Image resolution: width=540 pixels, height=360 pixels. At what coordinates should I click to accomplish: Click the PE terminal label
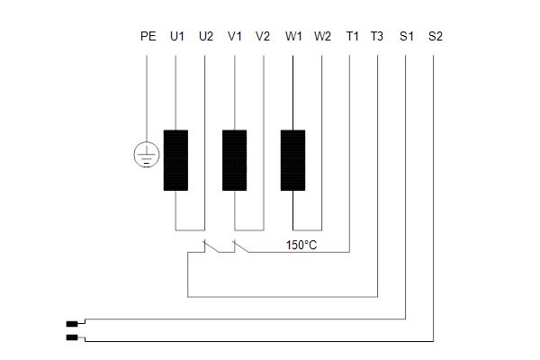coord(148,36)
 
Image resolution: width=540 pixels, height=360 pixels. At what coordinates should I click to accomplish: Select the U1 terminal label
coord(177,36)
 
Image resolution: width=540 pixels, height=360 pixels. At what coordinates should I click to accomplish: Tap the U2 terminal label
coord(206,36)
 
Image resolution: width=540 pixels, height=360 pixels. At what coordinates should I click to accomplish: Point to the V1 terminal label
coord(235,36)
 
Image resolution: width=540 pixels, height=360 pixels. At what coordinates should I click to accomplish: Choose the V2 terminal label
coord(263,36)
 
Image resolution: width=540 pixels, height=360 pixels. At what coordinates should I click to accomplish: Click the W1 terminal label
coord(293,36)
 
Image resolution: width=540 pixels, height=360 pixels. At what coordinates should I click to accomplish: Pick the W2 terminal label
coord(322,36)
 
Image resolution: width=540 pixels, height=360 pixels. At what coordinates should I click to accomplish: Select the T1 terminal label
coord(352,36)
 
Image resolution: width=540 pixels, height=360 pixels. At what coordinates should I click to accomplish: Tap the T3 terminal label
coord(377,36)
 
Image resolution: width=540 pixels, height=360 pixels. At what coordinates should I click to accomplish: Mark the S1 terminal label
coord(407,36)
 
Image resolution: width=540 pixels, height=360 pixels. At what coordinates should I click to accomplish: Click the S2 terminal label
coord(436,36)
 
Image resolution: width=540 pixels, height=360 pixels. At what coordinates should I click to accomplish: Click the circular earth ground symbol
coord(147,154)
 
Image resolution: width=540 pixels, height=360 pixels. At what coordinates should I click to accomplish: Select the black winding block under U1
coord(175,160)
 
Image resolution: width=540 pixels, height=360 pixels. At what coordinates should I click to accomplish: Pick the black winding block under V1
coord(234,160)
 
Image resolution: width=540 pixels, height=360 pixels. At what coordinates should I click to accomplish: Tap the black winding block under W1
coord(292,160)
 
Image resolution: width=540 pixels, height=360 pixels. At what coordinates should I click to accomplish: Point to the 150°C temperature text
coord(301,246)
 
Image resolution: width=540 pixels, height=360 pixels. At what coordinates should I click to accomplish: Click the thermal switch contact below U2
coord(211,247)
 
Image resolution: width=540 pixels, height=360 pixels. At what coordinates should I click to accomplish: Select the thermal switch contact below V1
coord(241,247)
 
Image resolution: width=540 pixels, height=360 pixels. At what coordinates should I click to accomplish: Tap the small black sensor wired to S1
coord(72,324)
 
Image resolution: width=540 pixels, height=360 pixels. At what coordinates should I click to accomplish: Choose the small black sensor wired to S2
coord(72,337)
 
